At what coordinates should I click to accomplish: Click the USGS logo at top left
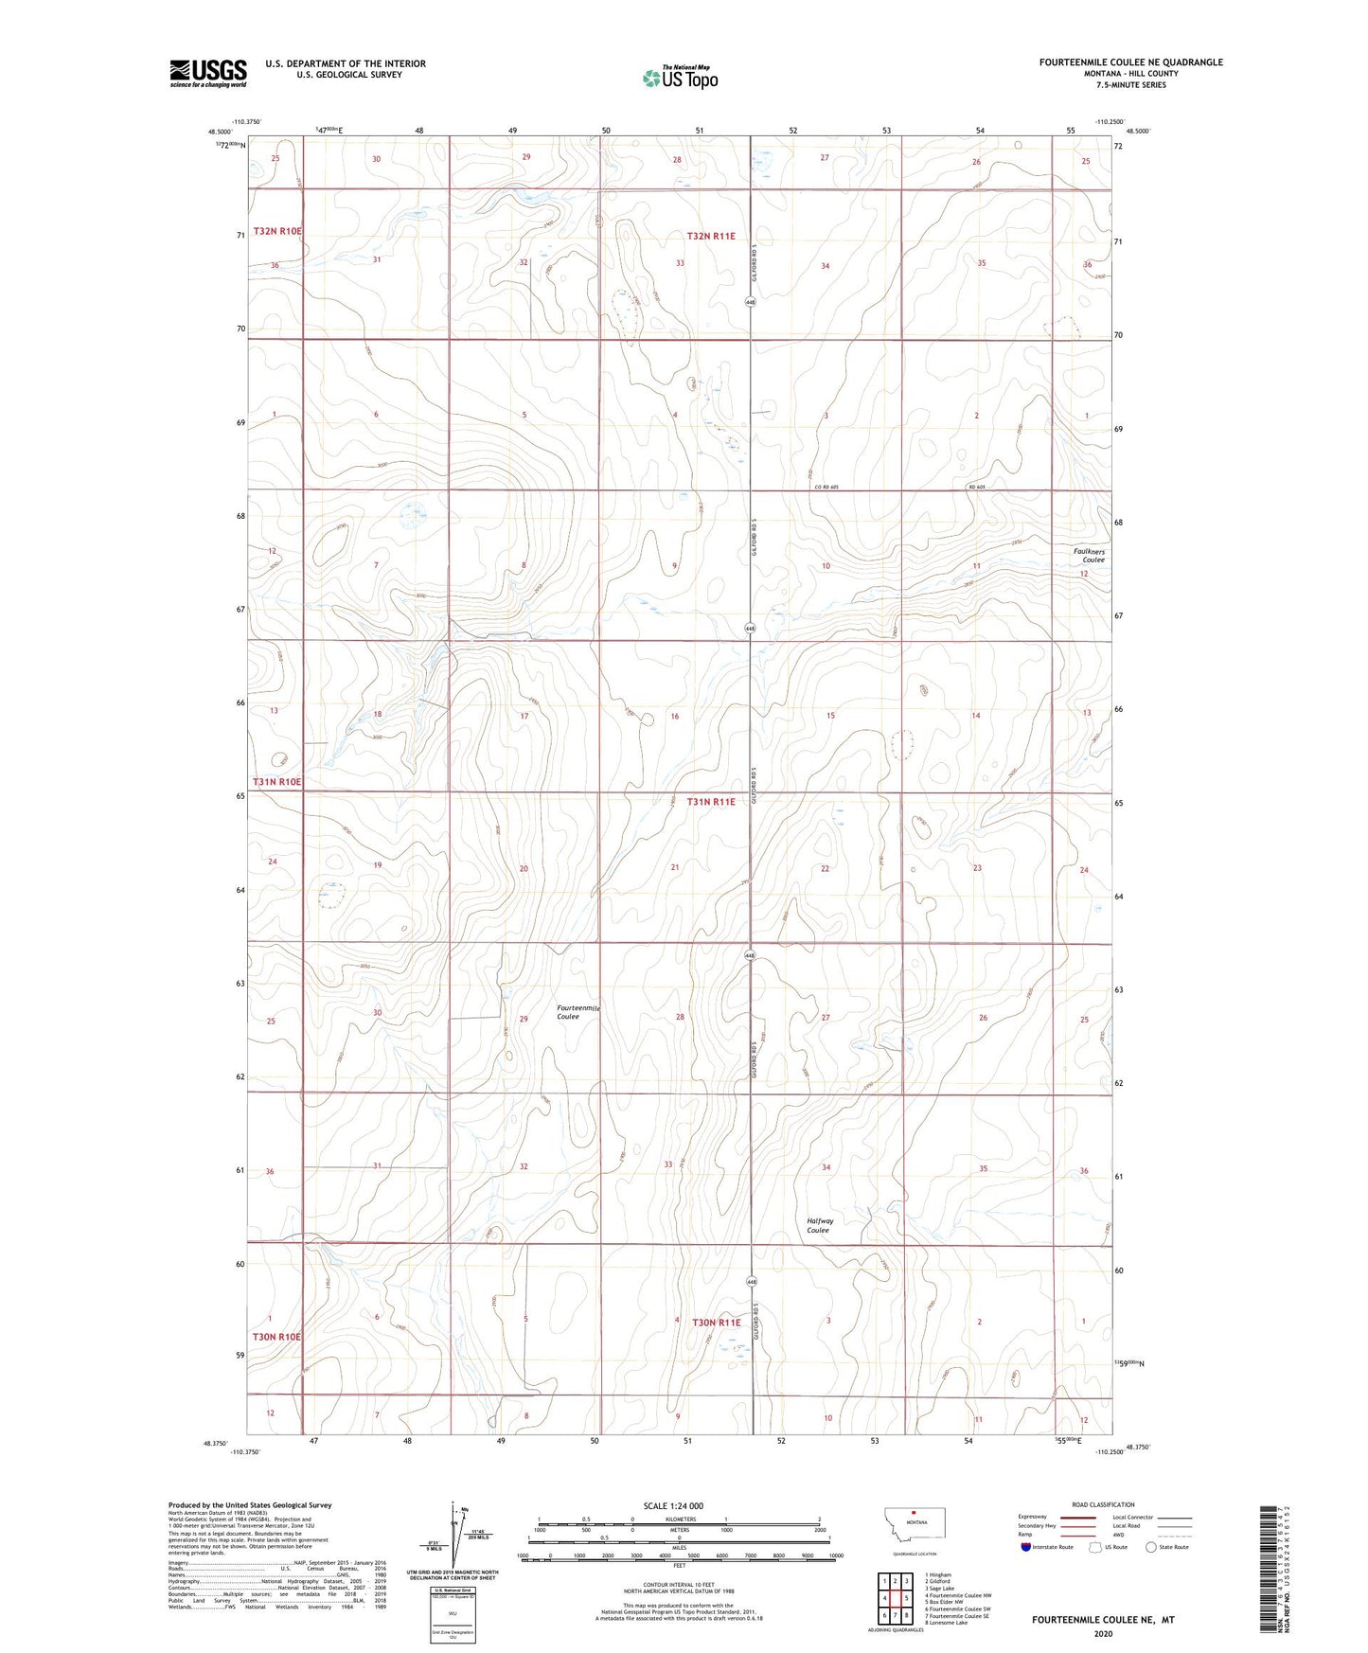coord(208,73)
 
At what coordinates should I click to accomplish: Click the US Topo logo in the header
coord(679,78)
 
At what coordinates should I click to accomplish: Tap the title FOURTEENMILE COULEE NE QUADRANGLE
coord(1130,62)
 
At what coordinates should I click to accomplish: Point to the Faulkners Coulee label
coord(1089,556)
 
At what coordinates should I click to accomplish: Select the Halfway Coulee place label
coord(820,1225)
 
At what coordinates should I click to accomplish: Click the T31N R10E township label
coord(277,782)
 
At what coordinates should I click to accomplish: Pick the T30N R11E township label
coord(716,1322)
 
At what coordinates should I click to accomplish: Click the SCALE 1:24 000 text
coord(673,1506)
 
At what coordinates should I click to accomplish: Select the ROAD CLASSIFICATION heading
coord(1103,1504)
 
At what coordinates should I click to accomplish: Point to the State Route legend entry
coord(1167,1547)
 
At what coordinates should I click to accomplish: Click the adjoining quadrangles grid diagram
coord(894,1599)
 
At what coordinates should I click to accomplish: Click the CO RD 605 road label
coord(826,488)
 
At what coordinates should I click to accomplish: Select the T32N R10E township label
coord(277,232)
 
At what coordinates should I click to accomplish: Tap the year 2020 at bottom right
coord(1103,1634)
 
